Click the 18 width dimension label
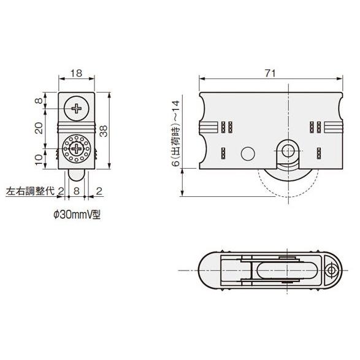76,73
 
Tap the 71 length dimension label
270,73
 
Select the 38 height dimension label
104,131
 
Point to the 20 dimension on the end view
39,128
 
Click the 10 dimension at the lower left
39,159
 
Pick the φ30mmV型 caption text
77,215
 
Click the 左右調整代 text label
30,191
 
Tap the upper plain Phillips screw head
77,109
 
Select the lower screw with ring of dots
77,148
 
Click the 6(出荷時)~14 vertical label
177,133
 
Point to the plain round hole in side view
248,153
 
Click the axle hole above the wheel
288,151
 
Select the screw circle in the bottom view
331,270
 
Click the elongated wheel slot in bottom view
286,270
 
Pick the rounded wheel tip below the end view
77,175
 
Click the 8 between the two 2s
77,191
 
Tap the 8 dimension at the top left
39,101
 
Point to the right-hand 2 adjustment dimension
99,191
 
